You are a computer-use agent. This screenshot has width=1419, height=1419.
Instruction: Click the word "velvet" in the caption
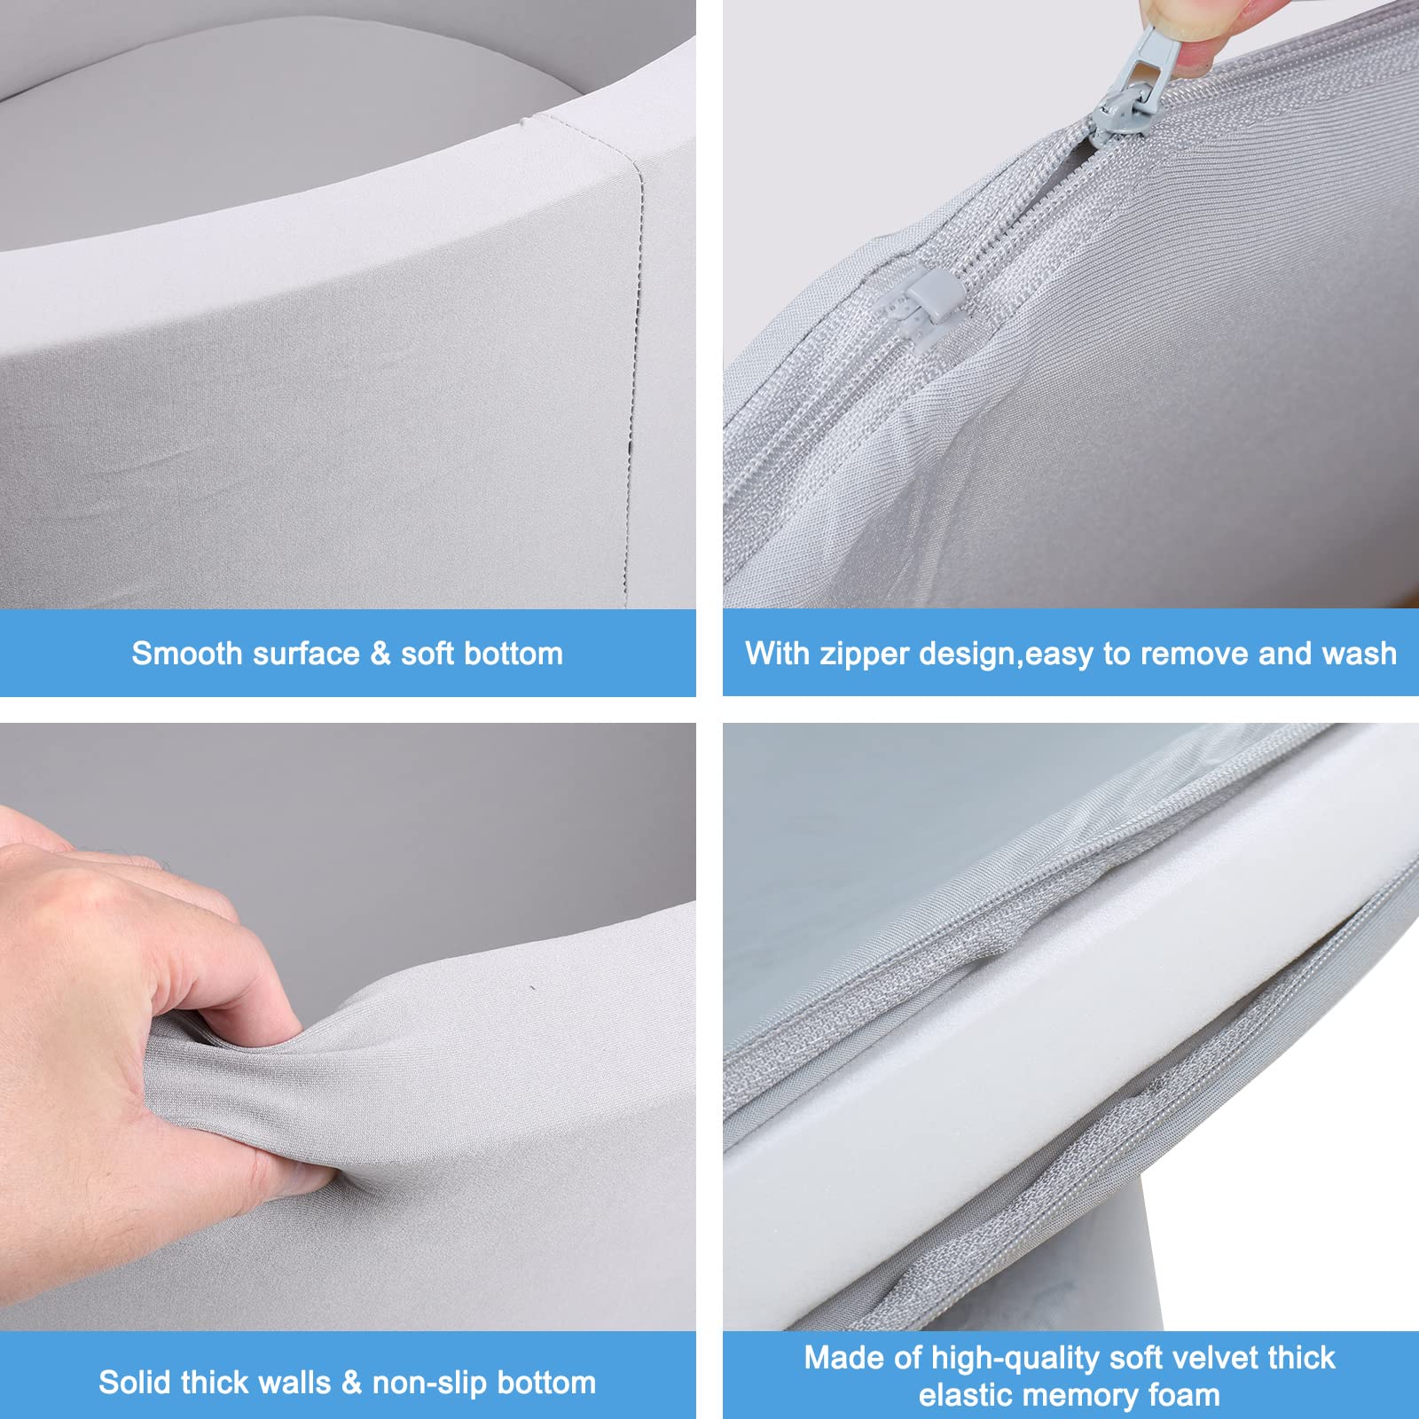click(x=1210, y=1358)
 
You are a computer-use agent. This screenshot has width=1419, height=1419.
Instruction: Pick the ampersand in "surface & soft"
click(x=380, y=654)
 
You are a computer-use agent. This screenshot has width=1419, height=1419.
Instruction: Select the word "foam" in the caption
click(x=1185, y=1395)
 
